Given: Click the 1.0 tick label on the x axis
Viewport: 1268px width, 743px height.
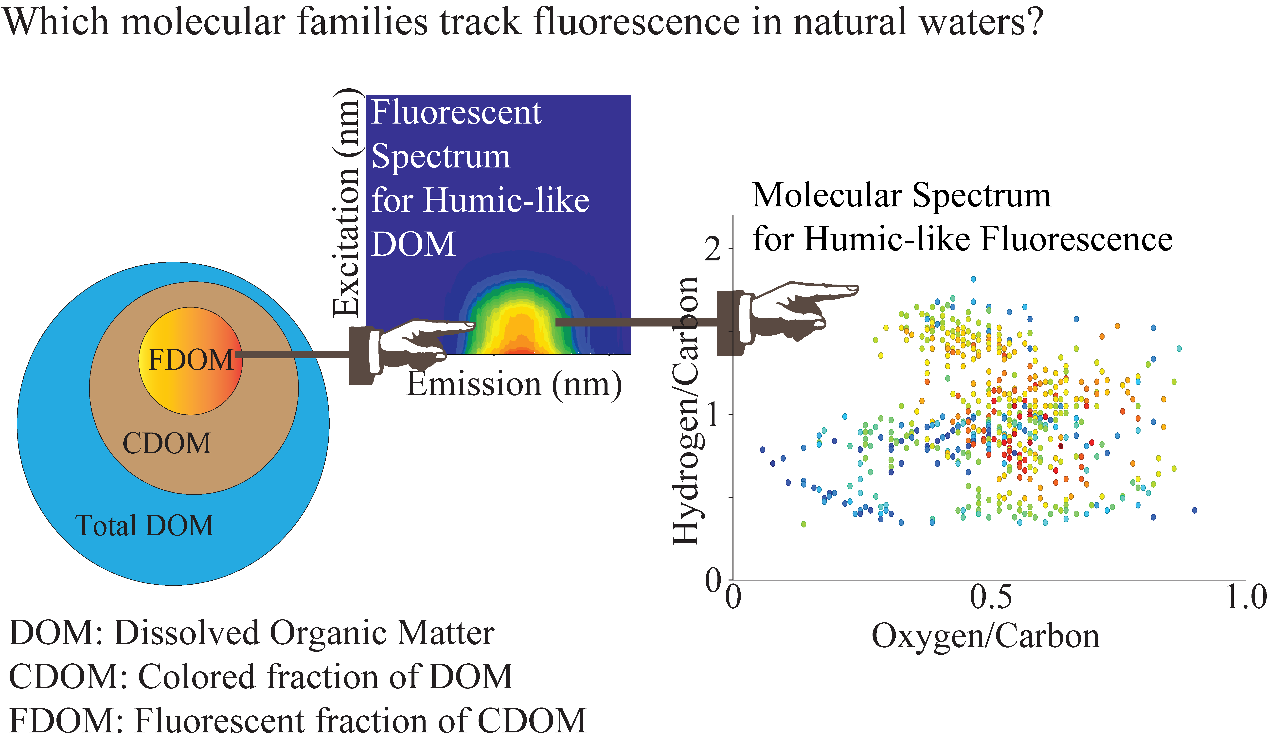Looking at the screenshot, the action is click(x=1245, y=597).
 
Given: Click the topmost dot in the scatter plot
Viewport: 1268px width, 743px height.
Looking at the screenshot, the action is click(x=973, y=279).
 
